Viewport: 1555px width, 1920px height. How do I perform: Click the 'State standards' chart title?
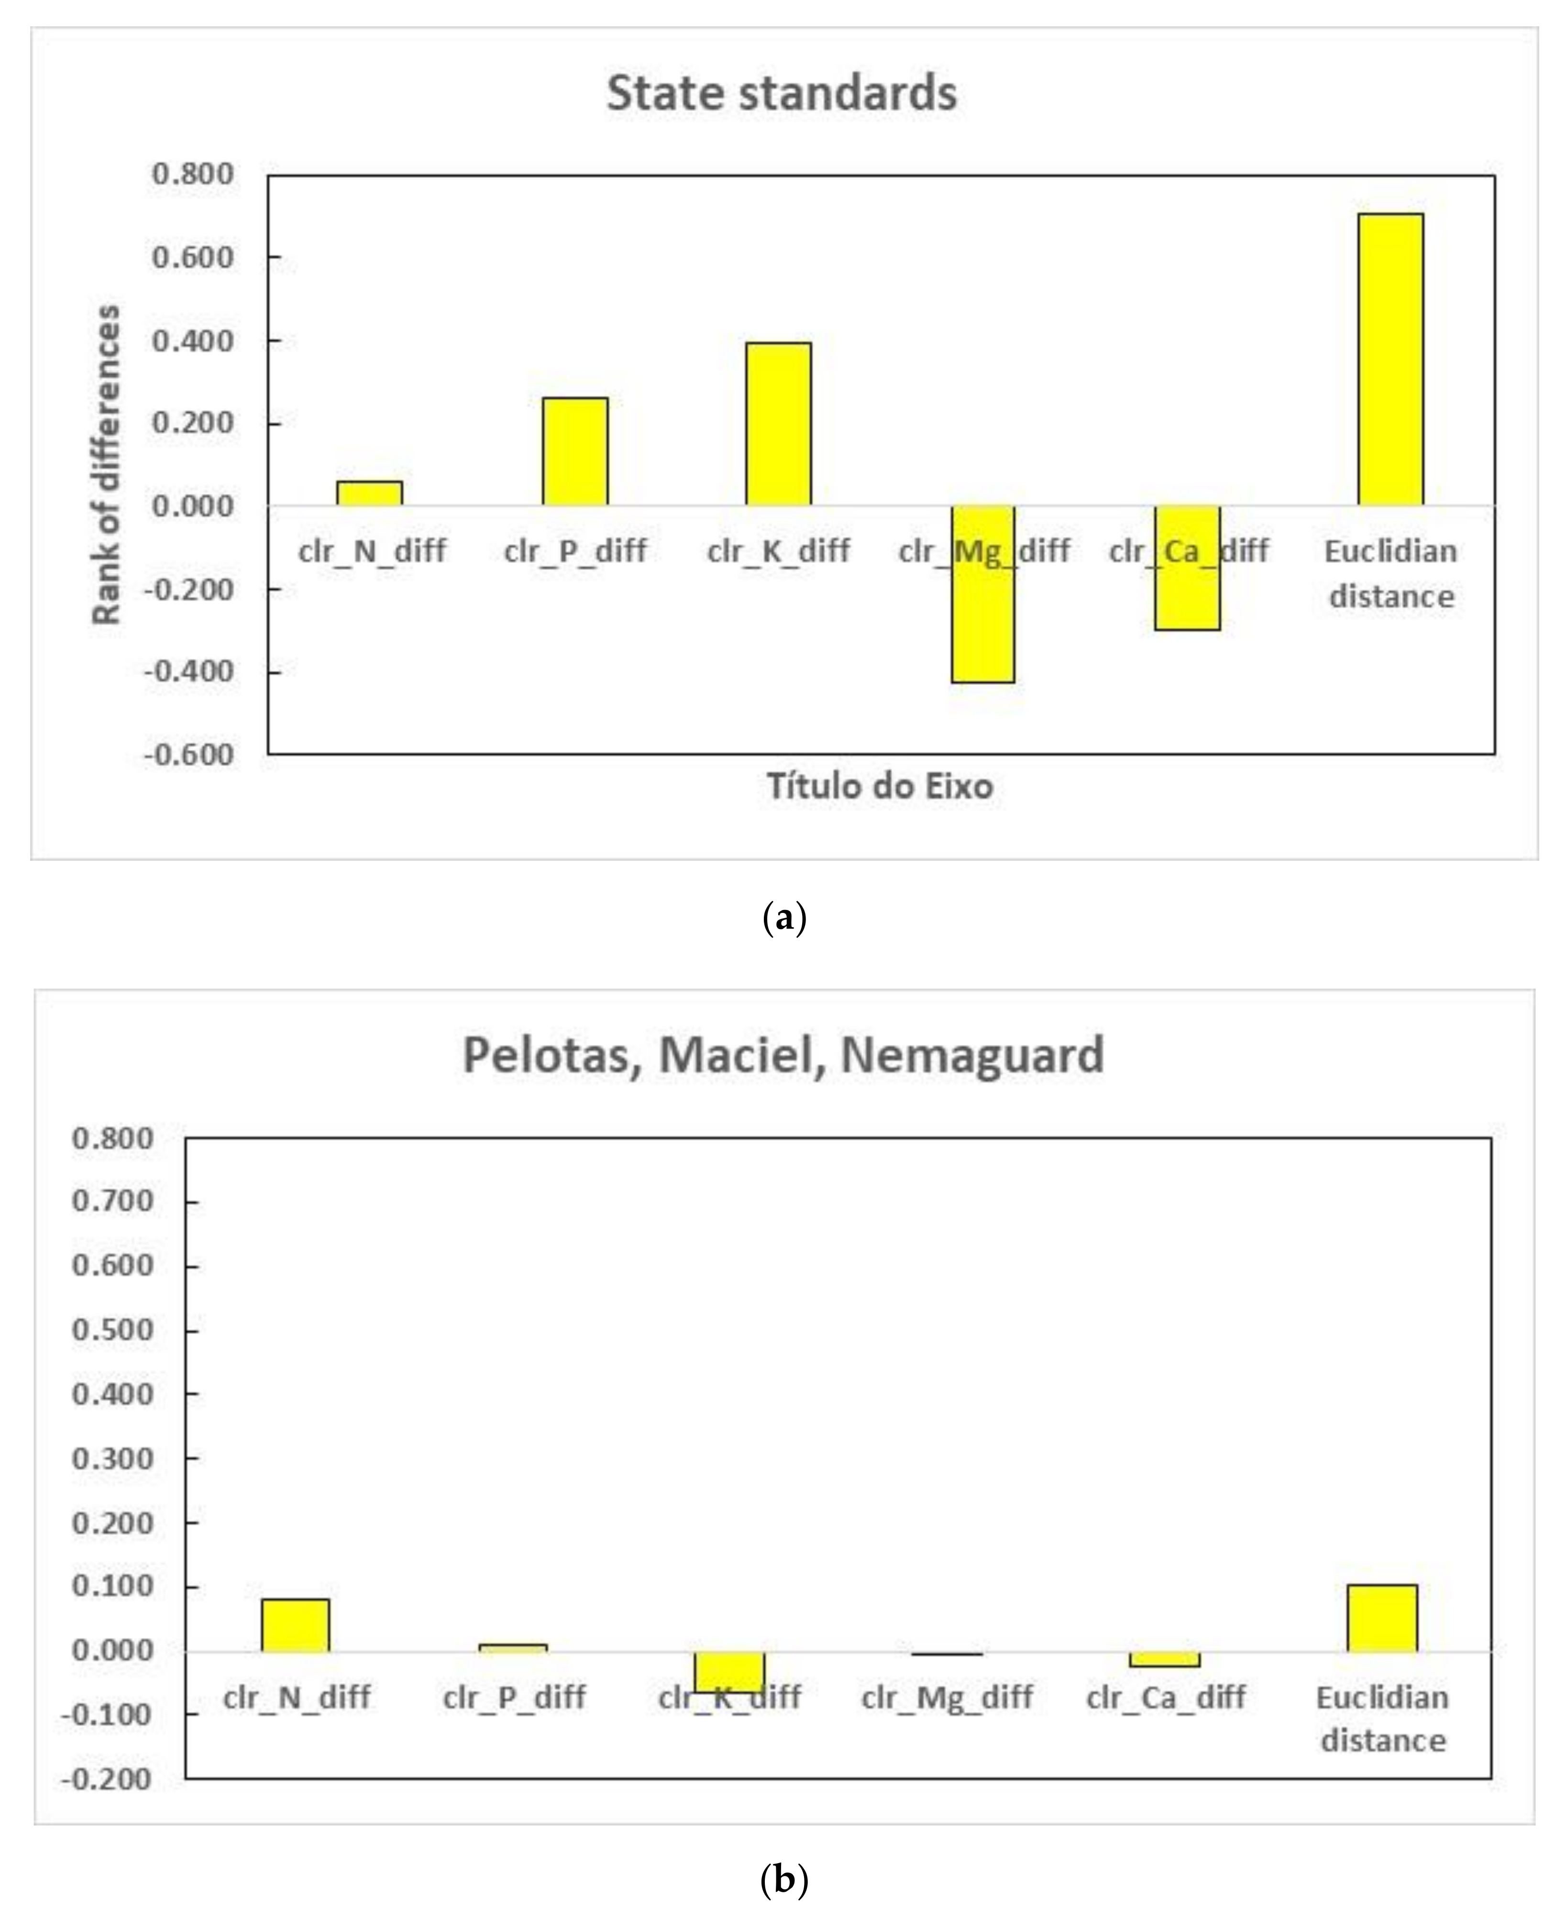click(781, 93)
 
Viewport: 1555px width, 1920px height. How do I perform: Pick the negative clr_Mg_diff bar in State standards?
click(982, 594)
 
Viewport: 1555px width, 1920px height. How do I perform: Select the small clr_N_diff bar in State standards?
click(369, 494)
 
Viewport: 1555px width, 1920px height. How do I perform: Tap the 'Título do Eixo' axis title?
click(880, 786)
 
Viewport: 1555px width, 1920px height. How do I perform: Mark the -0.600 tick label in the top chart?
click(189, 754)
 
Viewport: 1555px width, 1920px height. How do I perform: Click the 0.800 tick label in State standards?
click(193, 174)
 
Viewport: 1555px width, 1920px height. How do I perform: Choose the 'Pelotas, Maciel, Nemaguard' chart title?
click(783, 1055)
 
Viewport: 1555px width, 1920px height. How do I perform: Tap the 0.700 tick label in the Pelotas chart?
click(113, 1202)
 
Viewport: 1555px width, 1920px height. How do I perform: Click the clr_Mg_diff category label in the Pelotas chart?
click(947, 1697)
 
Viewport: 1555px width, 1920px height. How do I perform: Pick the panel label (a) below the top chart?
click(783, 919)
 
